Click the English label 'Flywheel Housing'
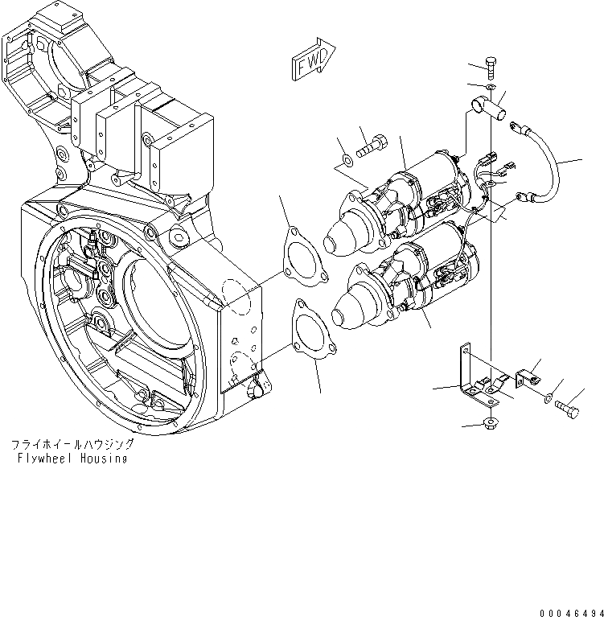coord(71,459)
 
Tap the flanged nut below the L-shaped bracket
coord(489,423)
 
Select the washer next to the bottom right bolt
coord(548,396)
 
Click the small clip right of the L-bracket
coord(527,376)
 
